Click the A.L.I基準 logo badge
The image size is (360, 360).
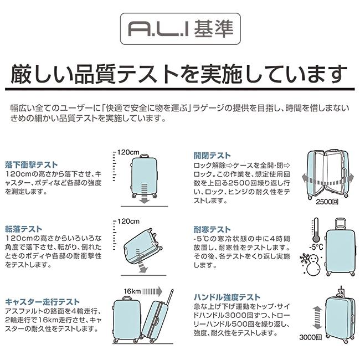(x=180, y=28)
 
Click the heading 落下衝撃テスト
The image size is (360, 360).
(x=32, y=164)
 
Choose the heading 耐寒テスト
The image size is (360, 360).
(x=212, y=229)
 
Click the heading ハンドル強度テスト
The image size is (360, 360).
(x=227, y=297)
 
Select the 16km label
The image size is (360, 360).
(x=132, y=291)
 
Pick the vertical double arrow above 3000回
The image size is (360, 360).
(x=316, y=315)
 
